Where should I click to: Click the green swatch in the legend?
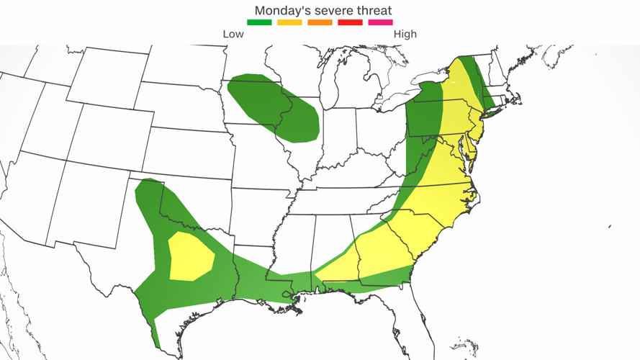pyautogui.click(x=259, y=23)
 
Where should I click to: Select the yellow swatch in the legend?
pyautogui.click(x=289, y=23)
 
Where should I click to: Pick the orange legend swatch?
pyautogui.click(x=320, y=23)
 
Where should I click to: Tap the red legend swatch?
pyautogui.click(x=351, y=23)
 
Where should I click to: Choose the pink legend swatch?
pyautogui.click(x=381, y=23)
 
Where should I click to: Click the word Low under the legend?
pyautogui.click(x=233, y=34)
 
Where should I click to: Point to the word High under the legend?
pyautogui.click(x=405, y=34)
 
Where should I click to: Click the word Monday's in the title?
pyautogui.click(x=281, y=10)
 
